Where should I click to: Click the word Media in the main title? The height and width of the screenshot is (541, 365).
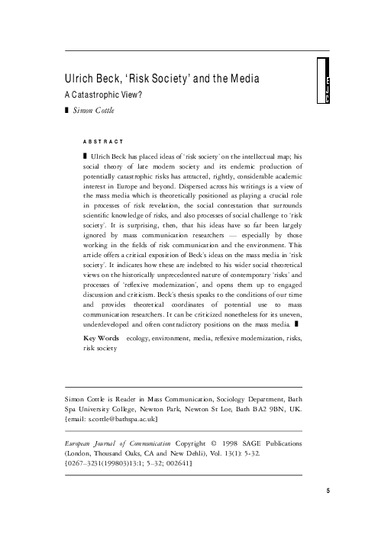[x=245, y=80]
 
